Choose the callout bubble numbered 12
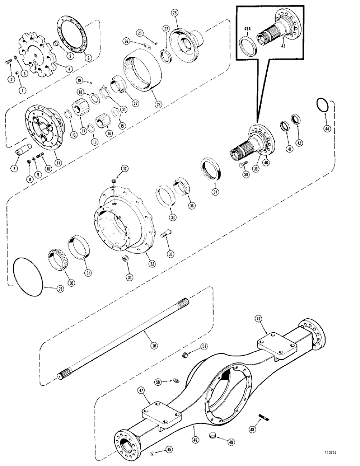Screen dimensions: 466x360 click(x=125, y=168)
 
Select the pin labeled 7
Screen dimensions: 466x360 click(x=23, y=153)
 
